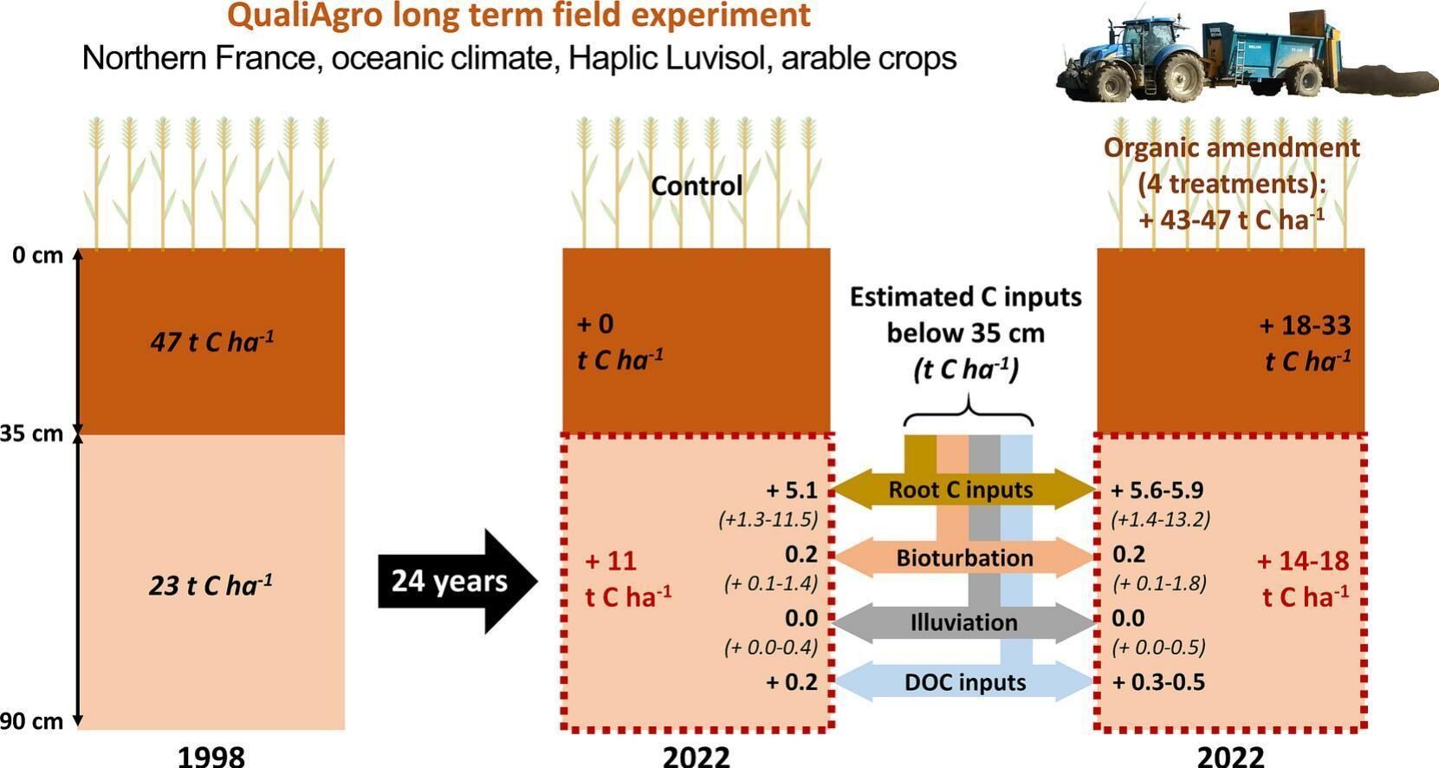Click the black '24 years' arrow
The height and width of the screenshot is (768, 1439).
click(x=457, y=582)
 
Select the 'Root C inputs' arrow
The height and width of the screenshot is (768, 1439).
click(x=962, y=491)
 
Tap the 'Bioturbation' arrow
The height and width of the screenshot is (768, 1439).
click(x=964, y=557)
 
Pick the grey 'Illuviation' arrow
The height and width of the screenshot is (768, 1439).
click(x=964, y=622)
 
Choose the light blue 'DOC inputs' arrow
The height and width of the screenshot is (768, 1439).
click(x=964, y=682)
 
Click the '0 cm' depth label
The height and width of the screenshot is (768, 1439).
click(x=37, y=256)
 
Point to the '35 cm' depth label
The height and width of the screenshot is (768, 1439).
click(x=31, y=433)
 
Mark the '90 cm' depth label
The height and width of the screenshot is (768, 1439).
click(x=31, y=721)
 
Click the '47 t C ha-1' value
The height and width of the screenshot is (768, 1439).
click(x=212, y=342)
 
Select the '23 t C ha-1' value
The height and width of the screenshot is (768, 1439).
click(x=211, y=585)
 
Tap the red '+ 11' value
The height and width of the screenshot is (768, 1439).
click(x=610, y=561)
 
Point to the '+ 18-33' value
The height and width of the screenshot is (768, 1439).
click(x=1305, y=325)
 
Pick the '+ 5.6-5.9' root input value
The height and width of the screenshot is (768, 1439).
click(x=1157, y=491)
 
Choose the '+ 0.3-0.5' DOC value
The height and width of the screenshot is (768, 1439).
click(x=1158, y=682)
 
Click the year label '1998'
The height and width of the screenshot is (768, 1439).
click(x=211, y=757)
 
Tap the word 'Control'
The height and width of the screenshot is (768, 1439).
click(x=697, y=186)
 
